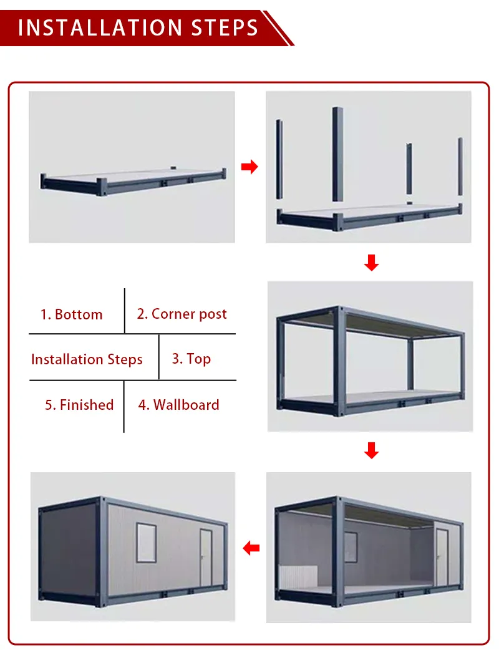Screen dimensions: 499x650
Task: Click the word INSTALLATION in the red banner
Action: tap(100, 28)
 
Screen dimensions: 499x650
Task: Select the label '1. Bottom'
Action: tap(71, 314)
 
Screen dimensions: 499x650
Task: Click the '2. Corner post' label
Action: tap(182, 314)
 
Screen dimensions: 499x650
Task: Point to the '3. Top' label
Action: tap(191, 359)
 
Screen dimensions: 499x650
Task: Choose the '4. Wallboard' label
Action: tap(178, 405)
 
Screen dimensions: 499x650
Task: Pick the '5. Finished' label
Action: tap(79, 405)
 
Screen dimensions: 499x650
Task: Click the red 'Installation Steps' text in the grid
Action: tap(87, 359)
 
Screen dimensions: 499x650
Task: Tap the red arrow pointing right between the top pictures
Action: tap(249, 167)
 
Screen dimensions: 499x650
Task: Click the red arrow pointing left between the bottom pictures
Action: tap(251, 548)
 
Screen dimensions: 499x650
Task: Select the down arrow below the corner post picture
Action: tap(371, 263)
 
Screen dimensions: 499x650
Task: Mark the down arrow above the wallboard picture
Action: tap(371, 450)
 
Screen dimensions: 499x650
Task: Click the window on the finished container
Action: tap(147, 543)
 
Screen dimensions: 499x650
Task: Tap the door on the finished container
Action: tap(206, 558)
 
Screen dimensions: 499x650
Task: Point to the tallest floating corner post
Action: tap(337, 154)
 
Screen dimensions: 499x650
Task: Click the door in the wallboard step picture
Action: tap(442, 558)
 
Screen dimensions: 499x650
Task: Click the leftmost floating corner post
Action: tap(279, 159)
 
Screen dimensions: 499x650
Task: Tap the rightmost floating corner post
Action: tap(460, 167)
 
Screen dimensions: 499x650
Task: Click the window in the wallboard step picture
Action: tap(351, 547)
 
